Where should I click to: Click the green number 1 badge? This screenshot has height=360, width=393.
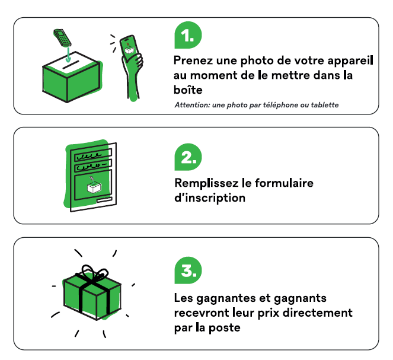coord(188,37)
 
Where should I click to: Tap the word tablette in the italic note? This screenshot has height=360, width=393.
coord(321,105)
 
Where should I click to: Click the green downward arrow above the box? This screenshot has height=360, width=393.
coord(69,55)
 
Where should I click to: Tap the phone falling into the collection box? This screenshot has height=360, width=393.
coord(62,36)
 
